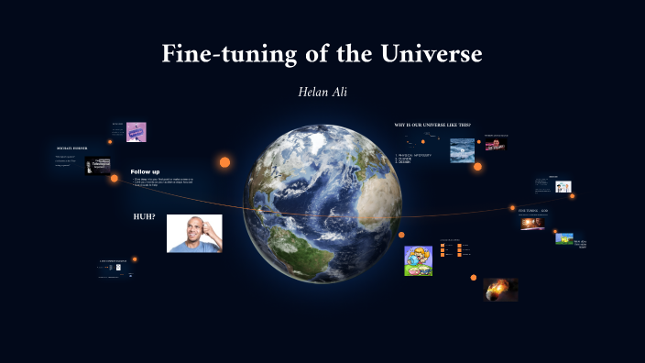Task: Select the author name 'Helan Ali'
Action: point(322,93)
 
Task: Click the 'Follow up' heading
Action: point(145,172)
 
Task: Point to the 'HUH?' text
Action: point(144,217)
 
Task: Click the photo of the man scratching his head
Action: point(194,233)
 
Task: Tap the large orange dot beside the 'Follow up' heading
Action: point(224,162)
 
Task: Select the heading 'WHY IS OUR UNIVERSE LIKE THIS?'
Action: point(431,125)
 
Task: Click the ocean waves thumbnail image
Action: point(463,149)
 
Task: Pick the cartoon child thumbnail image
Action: point(418,260)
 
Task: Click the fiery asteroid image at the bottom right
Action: point(501,290)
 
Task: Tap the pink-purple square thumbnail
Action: point(137,132)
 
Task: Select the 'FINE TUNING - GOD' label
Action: point(533,211)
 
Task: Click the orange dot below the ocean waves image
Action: point(477,167)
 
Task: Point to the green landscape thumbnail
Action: point(564,238)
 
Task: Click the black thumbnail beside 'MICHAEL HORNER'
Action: point(98,166)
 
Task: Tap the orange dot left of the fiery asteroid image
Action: point(474,277)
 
